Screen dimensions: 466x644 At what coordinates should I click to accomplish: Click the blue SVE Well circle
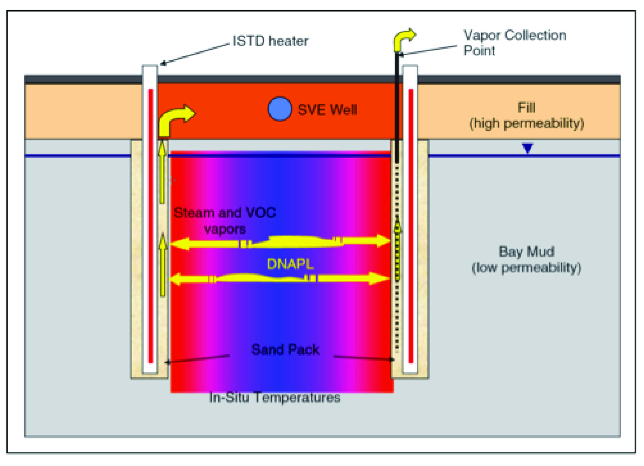click(x=280, y=109)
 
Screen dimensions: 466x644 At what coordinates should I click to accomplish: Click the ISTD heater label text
click(x=270, y=41)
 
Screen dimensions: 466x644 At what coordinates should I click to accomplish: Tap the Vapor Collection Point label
click(x=514, y=43)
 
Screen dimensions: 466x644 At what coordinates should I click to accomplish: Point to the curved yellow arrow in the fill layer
click(x=175, y=119)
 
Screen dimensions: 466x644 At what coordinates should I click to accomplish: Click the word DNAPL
click(x=290, y=264)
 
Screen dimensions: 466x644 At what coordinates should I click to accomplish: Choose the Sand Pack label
click(x=285, y=350)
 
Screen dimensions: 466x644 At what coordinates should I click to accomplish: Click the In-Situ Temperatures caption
click(x=275, y=397)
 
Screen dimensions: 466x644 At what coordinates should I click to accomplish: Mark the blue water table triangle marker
click(x=528, y=148)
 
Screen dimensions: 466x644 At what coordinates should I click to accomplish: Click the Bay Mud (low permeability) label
click(x=526, y=259)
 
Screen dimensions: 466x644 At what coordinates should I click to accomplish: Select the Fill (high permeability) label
click(x=526, y=116)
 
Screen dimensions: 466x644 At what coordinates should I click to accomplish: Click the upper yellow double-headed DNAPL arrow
click(x=280, y=242)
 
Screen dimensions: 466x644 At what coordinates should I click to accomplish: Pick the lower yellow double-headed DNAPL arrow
click(x=280, y=279)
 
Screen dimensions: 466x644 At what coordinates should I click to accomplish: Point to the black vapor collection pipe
click(x=397, y=107)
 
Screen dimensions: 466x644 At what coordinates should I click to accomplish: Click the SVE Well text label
click(x=327, y=110)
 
